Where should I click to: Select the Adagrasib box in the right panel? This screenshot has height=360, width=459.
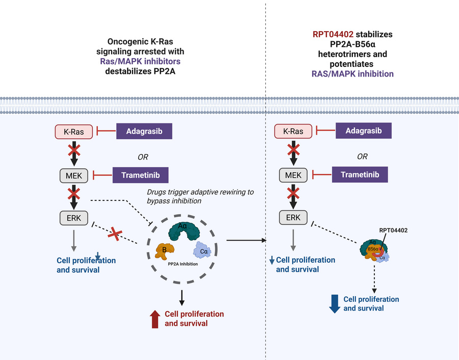pos(363,131)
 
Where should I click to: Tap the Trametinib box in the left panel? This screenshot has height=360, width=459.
pos(141,175)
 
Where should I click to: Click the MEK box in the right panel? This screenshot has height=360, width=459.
pos(293,175)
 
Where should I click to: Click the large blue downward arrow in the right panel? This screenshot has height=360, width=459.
pos(335,303)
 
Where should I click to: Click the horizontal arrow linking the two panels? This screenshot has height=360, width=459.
pos(246,239)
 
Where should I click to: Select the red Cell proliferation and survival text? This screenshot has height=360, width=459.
pos(194,319)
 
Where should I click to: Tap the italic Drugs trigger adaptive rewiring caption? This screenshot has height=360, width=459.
pos(200,196)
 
